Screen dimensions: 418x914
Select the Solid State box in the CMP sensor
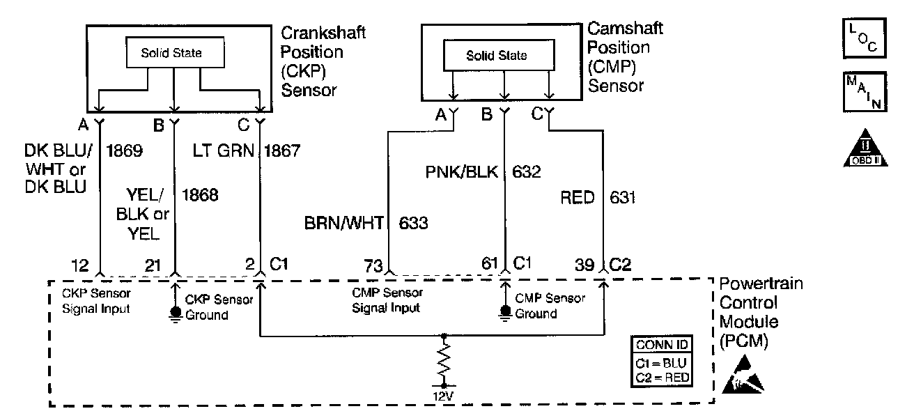(496, 56)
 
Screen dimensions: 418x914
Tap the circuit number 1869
(125, 150)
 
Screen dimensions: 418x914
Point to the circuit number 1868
(200, 195)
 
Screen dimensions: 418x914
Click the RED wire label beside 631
(578, 198)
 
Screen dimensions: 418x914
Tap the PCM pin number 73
(373, 265)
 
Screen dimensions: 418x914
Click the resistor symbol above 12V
(443, 361)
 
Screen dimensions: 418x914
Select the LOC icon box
(864, 39)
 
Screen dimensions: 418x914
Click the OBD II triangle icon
(864, 148)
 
